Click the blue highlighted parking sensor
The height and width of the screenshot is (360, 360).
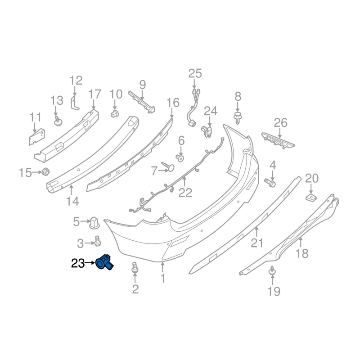tap(104, 262)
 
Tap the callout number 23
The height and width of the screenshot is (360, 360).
tap(78, 263)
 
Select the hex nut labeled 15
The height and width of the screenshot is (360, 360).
tap(45, 171)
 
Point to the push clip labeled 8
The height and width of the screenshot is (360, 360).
tap(238, 117)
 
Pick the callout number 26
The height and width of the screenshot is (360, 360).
tap(280, 123)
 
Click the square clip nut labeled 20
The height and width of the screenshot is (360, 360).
tap(311, 197)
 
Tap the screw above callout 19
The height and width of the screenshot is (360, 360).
tap(272, 271)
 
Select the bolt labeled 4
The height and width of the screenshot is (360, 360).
tap(270, 182)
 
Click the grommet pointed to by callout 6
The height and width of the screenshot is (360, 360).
tap(180, 158)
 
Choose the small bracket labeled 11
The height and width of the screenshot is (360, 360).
tap(36, 137)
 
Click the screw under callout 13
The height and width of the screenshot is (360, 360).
tap(58, 121)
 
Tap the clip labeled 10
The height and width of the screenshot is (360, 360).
tap(115, 113)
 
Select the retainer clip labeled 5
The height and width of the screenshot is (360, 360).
tap(94, 223)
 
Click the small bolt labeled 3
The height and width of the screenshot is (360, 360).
tap(97, 241)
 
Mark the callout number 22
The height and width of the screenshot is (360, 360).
tap(185, 193)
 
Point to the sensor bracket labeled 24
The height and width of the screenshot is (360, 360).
tap(206, 131)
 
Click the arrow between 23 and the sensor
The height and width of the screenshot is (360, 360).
tap(90, 263)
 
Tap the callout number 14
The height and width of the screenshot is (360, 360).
tap(72, 201)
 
